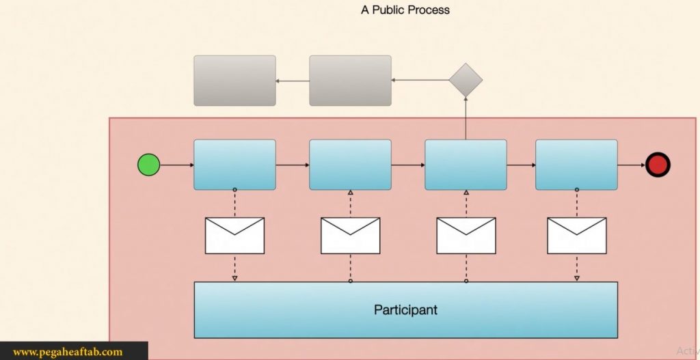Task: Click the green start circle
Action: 148,165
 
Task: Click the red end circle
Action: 658,165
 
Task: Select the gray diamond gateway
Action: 466,81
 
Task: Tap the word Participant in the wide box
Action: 405,309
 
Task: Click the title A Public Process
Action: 405,10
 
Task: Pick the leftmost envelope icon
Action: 234,236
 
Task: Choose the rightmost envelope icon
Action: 576,236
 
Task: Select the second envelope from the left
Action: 350,236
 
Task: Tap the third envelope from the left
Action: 466,236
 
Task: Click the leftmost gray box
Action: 234,81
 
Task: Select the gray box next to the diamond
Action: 350,81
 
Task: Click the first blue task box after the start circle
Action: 234,165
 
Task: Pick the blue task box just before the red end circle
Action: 576,165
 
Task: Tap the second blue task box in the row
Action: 350,165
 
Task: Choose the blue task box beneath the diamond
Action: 466,165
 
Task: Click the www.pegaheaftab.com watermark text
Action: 68,352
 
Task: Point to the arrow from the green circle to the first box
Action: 176,165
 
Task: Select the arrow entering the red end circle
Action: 632,165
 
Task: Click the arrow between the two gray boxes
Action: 293,81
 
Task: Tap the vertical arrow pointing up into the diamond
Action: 466,118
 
